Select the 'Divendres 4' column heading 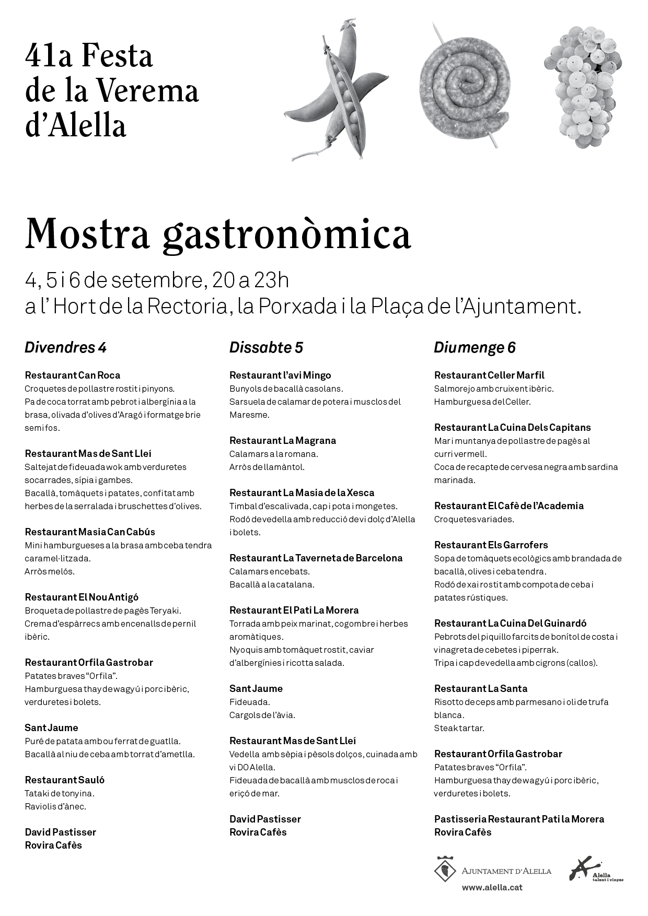[x=65, y=347]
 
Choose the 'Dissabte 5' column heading [x=266, y=347]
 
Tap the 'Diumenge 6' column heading [x=475, y=347]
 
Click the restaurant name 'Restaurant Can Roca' [x=73, y=375]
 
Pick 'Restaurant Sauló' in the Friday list [x=65, y=780]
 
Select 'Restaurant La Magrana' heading [x=283, y=440]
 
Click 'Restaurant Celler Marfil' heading [x=489, y=375]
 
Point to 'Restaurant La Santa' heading [x=481, y=688]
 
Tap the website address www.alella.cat [x=492, y=887]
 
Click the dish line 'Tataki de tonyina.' [x=60, y=793]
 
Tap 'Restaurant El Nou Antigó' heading [x=82, y=597]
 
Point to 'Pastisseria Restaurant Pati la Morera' [x=519, y=819]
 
